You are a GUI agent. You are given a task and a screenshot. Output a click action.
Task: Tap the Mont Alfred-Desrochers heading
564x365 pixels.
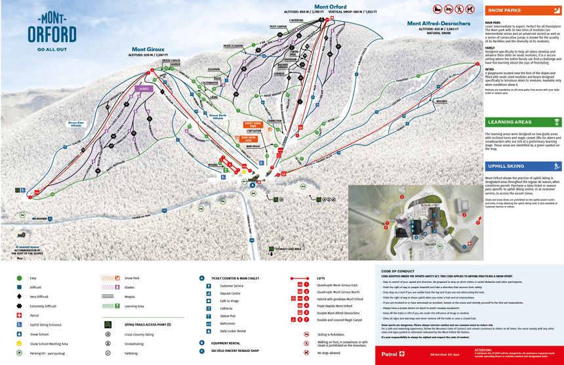(443, 24)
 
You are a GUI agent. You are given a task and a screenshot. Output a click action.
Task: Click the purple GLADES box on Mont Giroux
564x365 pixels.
(144, 88)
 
